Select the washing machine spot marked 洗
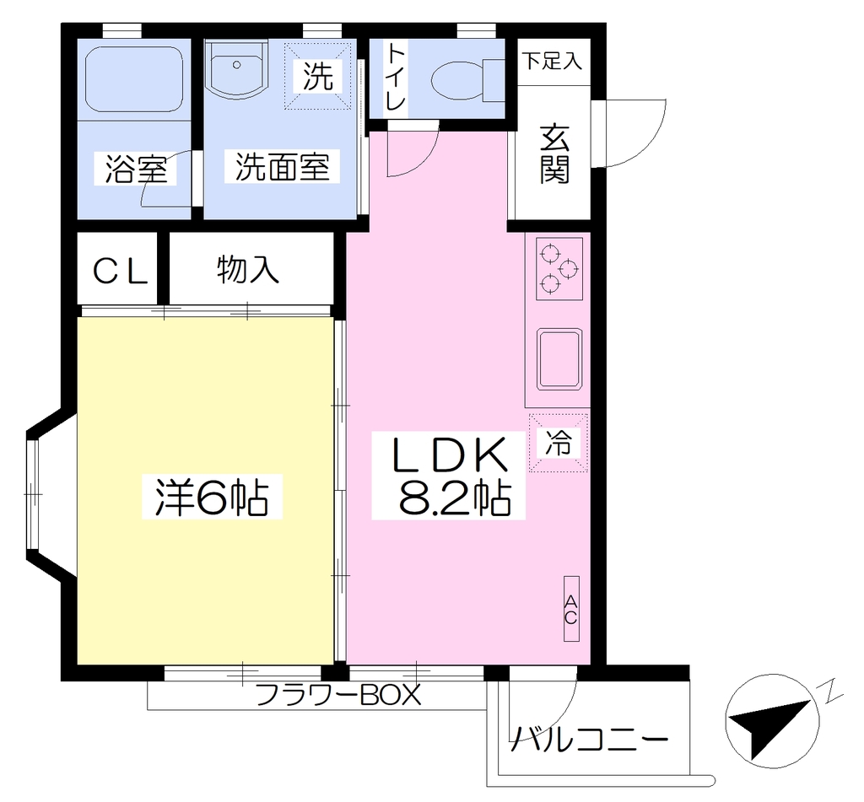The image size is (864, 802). pos(317,75)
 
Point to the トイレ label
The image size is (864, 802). pos(396,77)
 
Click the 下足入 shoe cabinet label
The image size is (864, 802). pos(552,61)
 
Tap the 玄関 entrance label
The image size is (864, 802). pos(554,154)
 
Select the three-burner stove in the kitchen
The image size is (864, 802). pos(559,269)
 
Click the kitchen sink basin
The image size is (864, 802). pos(559,358)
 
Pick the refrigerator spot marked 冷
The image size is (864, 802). pos(559,442)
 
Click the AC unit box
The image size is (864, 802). pos(571,609)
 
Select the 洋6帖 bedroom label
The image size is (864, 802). pos(212,496)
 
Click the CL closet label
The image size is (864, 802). pos(120,271)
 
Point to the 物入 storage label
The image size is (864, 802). pos(248,269)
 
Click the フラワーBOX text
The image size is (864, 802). pos(338,695)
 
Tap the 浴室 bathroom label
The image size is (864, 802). pos(136,169)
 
